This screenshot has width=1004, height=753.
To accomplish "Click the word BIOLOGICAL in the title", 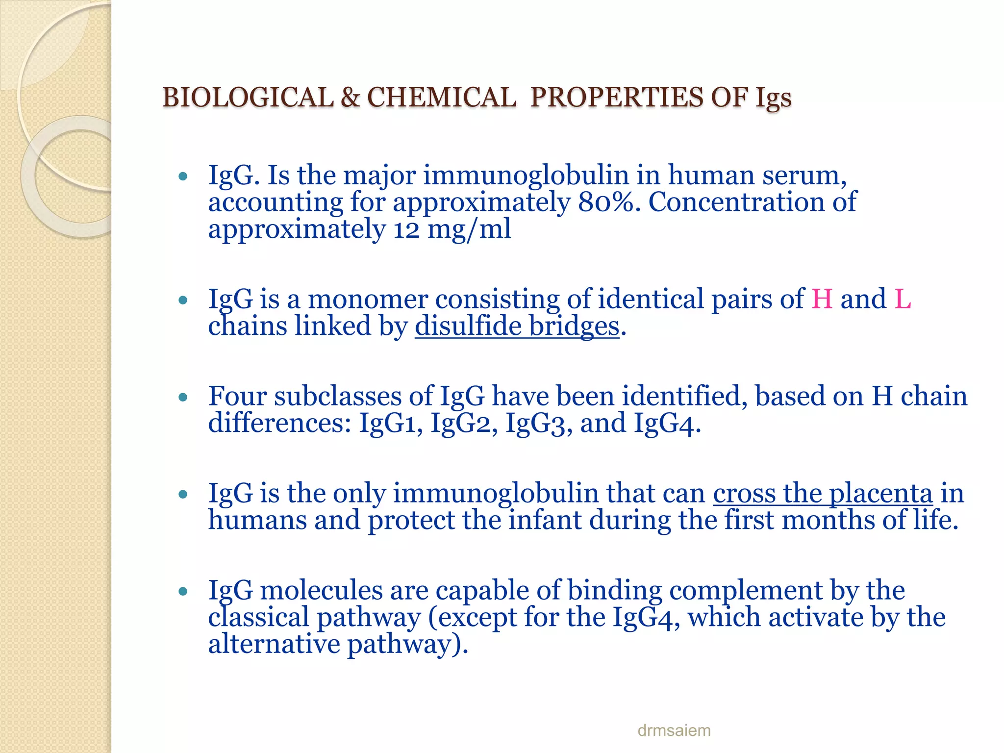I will [248, 97].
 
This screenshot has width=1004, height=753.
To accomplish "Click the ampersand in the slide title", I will [350, 97].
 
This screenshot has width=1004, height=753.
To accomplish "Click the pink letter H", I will [822, 299].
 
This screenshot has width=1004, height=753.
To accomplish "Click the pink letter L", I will [903, 299].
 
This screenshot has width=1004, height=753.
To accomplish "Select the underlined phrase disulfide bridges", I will [517, 326].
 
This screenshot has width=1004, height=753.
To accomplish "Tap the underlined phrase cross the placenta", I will [823, 493].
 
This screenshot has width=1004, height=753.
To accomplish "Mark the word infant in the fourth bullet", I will [545, 520].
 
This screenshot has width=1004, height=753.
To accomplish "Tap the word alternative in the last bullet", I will [274, 644].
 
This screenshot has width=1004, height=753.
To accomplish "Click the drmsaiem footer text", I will [674, 730].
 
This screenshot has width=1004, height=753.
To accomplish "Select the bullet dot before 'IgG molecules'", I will [183, 592].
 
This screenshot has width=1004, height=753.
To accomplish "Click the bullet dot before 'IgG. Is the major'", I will [183, 176].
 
